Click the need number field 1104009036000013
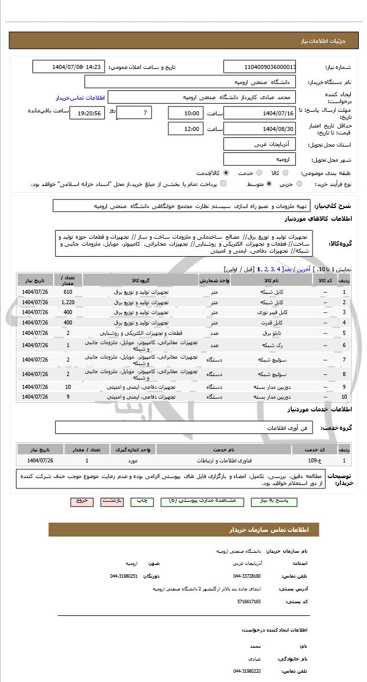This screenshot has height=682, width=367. pos(260,67)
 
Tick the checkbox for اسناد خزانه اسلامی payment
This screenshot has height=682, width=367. pos(224,184)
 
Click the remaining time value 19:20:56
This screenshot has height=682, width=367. pos(87,113)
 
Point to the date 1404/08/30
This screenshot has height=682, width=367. pos(260,129)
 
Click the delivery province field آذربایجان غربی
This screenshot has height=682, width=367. pos(260,144)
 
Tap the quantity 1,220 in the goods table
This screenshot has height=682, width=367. pos(68,302)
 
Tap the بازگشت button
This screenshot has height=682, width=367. pos(112,501)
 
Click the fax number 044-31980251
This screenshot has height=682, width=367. pos(124,576)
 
